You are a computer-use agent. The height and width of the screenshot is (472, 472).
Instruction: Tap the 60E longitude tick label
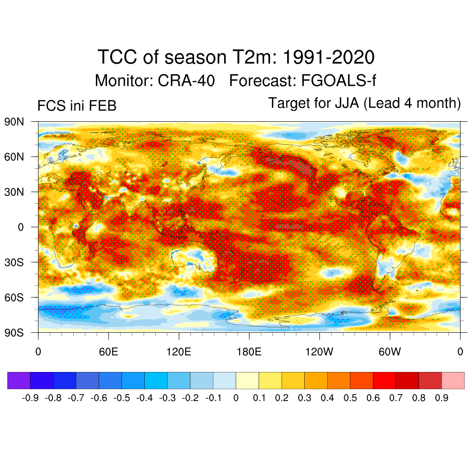point(108,352)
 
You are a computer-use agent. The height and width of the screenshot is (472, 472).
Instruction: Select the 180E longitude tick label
point(249,352)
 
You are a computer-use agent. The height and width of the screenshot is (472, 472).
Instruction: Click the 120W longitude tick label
point(319,352)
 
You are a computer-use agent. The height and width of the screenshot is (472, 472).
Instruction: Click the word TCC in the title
point(118,58)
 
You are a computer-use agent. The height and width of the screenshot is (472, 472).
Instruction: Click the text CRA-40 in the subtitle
point(186,81)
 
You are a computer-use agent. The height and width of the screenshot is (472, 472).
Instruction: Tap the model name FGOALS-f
point(339,81)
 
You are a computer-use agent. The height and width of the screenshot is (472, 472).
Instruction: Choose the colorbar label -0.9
point(30,398)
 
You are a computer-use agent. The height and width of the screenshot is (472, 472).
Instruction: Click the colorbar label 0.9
point(442,398)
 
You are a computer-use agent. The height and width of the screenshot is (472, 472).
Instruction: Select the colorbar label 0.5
point(350,398)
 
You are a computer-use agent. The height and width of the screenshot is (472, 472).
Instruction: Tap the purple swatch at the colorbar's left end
point(19,381)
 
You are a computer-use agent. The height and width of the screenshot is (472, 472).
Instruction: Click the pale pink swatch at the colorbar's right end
point(453,381)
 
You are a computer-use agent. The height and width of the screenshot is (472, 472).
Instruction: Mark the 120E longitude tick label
point(178,352)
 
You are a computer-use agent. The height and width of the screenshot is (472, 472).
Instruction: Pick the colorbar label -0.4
point(145,398)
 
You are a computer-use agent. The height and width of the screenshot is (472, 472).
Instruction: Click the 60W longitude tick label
point(390,352)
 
